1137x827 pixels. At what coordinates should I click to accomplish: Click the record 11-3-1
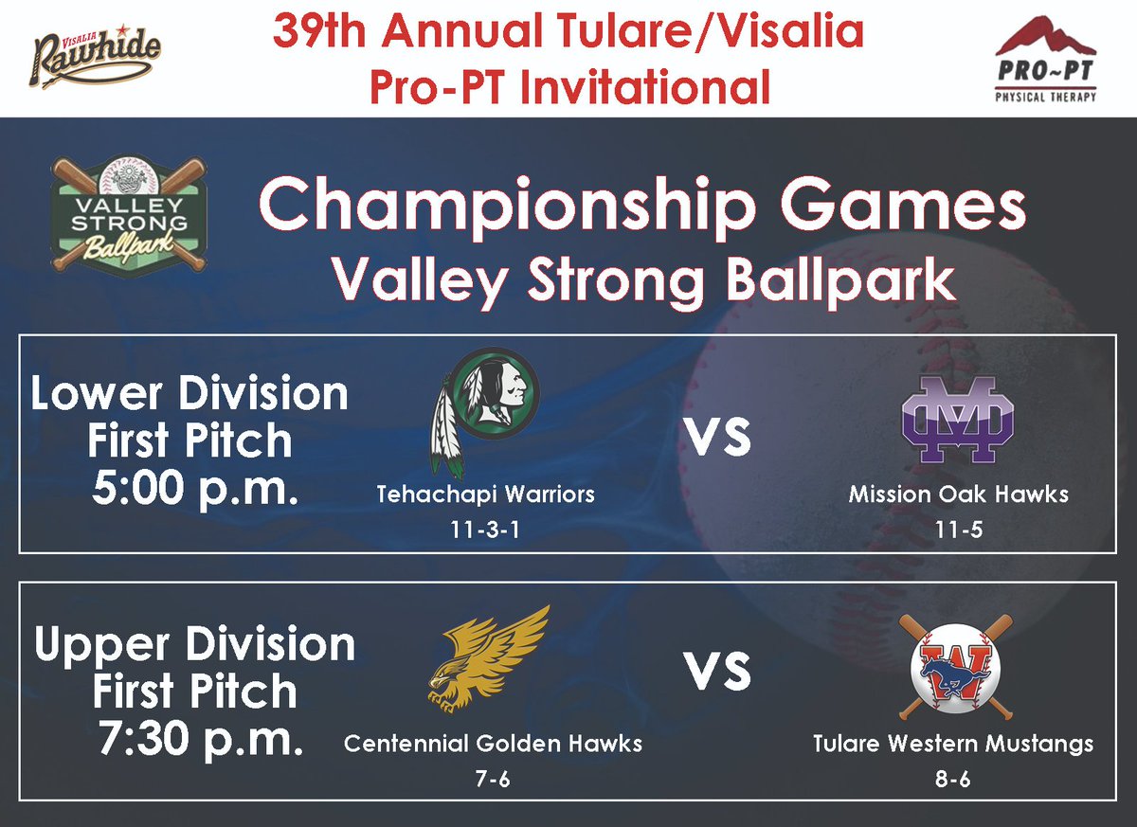pyautogui.click(x=486, y=530)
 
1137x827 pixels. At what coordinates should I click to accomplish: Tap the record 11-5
pyautogui.click(x=957, y=530)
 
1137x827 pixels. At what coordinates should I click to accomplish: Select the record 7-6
pyautogui.click(x=493, y=779)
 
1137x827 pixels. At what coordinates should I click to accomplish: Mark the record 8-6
pyautogui.click(x=952, y=779)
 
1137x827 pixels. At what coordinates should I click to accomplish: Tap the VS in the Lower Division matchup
pyautogui.click(x=717, y=440)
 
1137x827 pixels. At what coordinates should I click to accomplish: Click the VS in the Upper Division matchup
pyautogui.click(x=717, y=674)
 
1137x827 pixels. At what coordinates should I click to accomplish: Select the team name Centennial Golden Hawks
pyautogui.click(x=493, y=744)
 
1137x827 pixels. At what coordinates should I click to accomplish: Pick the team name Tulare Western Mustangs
pyautogui.click(x=952, y=744)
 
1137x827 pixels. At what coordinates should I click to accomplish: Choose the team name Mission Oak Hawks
pyautogui.click(x=958, y=494)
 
